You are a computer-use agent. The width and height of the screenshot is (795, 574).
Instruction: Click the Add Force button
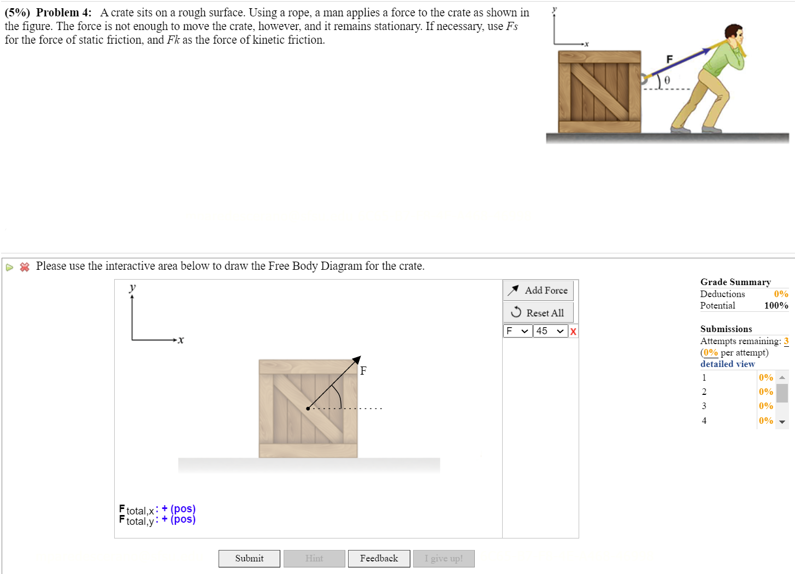click(x=538, y=291)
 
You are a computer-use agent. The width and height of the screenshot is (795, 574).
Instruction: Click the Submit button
click(x=249, y=558)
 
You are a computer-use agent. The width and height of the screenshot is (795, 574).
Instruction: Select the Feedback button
click(x=379, y=558)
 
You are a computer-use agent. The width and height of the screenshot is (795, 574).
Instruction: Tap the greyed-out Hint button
click(x=314, y=558)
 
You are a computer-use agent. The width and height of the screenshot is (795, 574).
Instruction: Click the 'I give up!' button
click(x=444, y=558)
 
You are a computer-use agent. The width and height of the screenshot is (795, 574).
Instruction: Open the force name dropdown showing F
click(x=517, y=331)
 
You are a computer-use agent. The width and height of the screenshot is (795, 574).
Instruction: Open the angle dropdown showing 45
click(x=550, y=331)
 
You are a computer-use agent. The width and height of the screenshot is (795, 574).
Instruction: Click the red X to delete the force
click(x=573, y=332)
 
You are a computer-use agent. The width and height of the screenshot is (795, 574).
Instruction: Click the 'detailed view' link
click(x=727, y=364)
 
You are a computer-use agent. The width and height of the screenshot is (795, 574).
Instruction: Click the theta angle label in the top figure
click(x=667, y=81)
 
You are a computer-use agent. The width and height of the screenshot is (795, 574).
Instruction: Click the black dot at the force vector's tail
click(x=308, y=408)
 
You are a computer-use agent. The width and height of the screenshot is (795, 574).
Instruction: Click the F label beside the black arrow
click(x=363, y=371)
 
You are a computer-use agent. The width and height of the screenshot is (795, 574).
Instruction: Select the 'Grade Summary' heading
click(x=735, y=282)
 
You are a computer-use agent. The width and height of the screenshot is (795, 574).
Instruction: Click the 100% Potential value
click(x=776, y=305)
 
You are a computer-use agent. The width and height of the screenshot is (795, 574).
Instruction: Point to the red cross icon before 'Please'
click(x=25, y=267)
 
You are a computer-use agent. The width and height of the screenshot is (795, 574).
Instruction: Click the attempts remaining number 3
click(x=786, y=341)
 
